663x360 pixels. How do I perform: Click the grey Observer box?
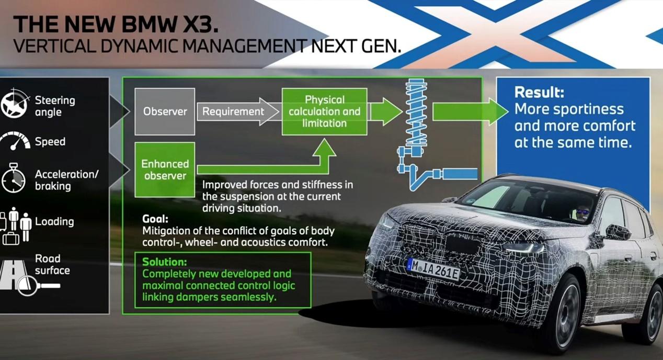tap(165, 111)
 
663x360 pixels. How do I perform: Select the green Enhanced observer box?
tap(165, 170)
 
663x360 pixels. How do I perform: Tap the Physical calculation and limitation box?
tap(324, 111)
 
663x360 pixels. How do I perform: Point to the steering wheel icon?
tap(15, 105)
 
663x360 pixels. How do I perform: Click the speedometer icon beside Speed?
tap(15, 142)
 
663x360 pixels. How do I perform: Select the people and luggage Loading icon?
tap(16, 225)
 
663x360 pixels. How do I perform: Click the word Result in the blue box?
tap(539, 93)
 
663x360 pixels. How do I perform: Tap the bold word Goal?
tap(155, 219)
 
